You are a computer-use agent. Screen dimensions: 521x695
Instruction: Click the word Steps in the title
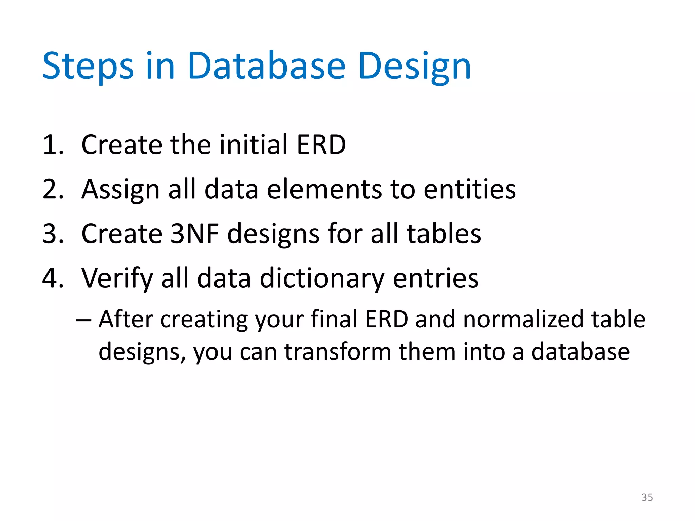click(88, 66)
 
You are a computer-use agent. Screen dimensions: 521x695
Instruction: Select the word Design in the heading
click(414, 66)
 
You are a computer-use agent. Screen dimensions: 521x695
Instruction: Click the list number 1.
click(53, 145)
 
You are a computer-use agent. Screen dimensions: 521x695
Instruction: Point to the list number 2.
click(53, 189)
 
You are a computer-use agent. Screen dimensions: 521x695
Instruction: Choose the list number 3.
click(53, 234)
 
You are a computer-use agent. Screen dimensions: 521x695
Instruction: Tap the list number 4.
click(53, 278)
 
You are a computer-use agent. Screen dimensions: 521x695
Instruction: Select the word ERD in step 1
click(321, 144)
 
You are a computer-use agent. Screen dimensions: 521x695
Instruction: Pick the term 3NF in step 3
click(194, 234)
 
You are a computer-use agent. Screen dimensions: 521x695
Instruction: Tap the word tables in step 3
click(444, 234)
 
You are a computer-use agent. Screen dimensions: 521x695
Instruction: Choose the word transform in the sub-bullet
click(338, 352)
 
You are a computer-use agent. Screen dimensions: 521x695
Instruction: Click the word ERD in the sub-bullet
click(386, 319)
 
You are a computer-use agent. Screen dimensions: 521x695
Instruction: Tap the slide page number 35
click(647, 497)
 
